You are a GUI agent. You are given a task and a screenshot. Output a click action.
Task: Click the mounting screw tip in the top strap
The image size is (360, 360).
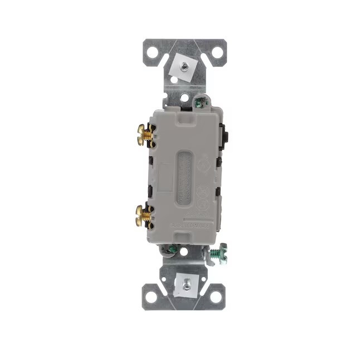click(x=184, y=65)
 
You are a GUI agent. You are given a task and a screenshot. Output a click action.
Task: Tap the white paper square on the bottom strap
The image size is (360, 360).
click(x=183, y=285)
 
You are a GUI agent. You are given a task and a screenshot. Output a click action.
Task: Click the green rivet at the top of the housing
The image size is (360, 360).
click(x=200, y=102)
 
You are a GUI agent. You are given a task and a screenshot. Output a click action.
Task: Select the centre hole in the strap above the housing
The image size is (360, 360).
click(x=184, y=98)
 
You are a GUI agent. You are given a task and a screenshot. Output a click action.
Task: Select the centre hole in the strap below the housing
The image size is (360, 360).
click(x=184, y=251)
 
